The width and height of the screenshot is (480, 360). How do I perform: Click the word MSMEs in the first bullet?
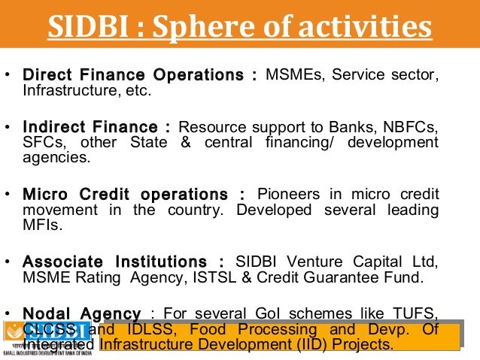295,76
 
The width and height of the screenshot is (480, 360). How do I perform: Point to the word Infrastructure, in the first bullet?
68,92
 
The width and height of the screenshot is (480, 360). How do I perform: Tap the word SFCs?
43,142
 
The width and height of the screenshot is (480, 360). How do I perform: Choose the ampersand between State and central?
187,142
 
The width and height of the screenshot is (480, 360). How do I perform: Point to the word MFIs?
41,225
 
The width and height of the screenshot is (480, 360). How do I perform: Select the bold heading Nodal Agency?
82,313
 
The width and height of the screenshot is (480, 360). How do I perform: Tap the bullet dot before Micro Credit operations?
8,194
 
